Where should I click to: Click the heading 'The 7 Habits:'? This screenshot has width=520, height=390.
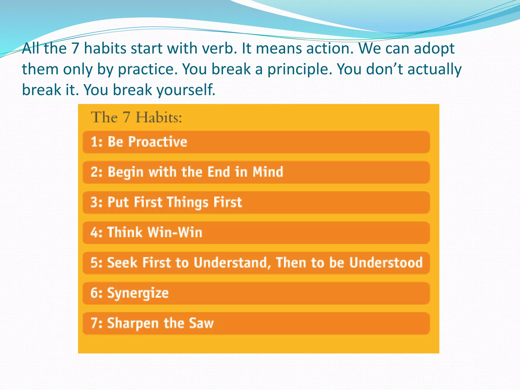[136, 117]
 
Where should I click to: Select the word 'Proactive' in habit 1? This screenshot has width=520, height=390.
[158, 142]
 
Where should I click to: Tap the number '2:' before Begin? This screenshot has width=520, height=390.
[96, 172]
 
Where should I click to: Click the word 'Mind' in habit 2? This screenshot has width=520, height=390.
[268, 172]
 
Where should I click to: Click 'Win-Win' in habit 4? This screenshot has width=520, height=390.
[175, 232]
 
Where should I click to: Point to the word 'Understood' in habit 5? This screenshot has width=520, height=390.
[386, 263]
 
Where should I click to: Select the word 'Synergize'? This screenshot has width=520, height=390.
[138, 293]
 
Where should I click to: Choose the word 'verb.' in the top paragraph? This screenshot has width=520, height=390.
[219, 48]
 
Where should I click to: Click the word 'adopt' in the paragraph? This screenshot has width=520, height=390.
[434, 49]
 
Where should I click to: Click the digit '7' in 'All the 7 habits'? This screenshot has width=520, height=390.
[75, 48]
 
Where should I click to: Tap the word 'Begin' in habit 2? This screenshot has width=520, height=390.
[126, 172]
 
